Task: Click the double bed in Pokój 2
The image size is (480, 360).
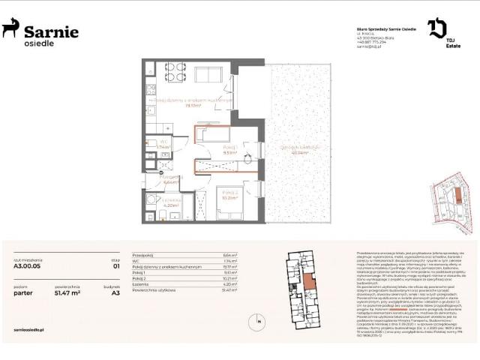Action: [231, 201]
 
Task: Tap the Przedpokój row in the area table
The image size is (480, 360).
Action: [143, 255]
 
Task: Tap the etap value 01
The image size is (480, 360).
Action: [116, 266]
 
